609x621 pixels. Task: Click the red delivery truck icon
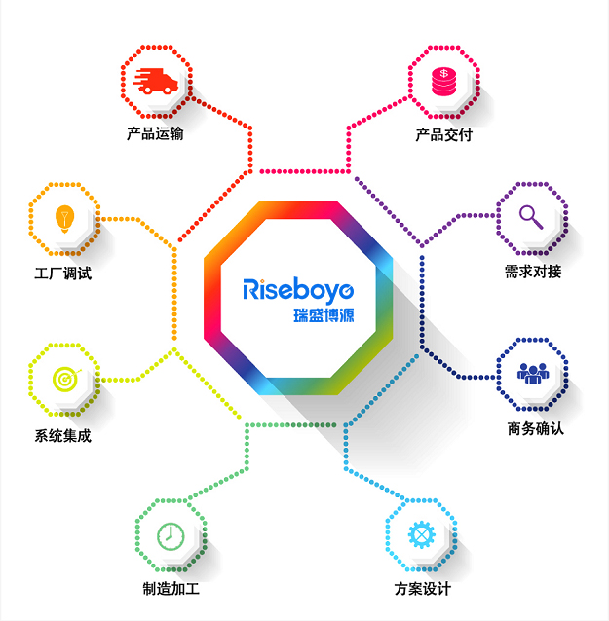(156, 81)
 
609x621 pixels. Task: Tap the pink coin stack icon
(443, 82)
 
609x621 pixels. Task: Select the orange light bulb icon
(64, 219)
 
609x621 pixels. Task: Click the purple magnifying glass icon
(531, 217)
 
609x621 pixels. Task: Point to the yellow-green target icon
(66, 380)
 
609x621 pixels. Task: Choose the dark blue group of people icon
(533, 374)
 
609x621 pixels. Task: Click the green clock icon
(171, 536)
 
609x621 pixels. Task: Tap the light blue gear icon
(422, 534)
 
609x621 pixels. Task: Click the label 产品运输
(155, 134)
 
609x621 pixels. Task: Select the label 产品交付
(444, 135)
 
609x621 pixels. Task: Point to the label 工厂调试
(63, 274)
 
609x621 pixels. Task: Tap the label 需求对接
(533, 272)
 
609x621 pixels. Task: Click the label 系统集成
(63, 436)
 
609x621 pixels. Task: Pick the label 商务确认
(536, 428)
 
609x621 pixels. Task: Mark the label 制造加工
(171, 589)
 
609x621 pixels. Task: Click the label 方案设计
(423, 589)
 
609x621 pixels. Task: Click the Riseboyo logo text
(298, 291)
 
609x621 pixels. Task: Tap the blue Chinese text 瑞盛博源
(324, 315)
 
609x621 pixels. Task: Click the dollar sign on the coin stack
(444, 73)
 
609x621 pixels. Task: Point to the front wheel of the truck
(168, 90)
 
